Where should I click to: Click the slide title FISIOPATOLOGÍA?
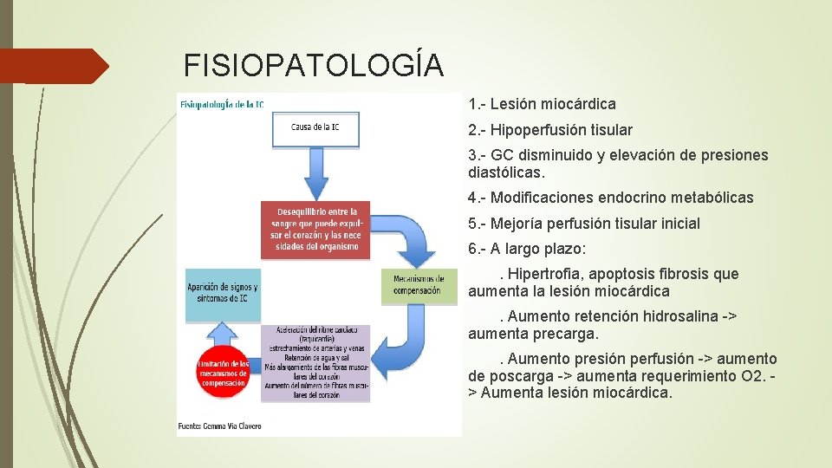point(314,65)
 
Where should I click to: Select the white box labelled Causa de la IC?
point(315,127)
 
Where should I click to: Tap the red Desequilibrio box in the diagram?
point(316,229)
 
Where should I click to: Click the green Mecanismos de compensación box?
point(418,285)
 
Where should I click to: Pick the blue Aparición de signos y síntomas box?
point(222,291)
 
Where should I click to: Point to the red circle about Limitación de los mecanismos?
point(222,374)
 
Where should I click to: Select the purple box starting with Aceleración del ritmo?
point(315,363)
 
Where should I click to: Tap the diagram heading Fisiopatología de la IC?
point(222,104)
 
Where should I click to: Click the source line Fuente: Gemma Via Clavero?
point(220,426)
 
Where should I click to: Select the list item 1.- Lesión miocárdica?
point(543,104)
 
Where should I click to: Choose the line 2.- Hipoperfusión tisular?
point(550,130)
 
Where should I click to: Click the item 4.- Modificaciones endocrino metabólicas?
point(611,198)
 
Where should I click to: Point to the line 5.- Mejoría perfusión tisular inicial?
point(584,224)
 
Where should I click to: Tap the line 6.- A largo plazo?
point(527,249)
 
